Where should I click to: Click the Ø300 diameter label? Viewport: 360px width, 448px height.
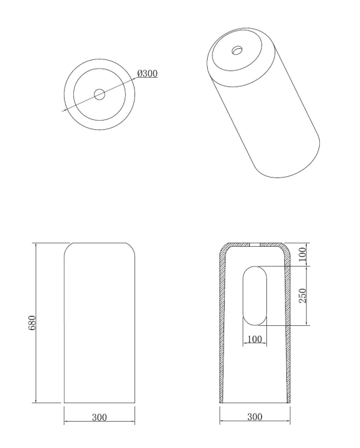click(x=147, y=73)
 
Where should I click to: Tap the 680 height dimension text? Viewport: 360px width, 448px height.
click(x=32, y=323)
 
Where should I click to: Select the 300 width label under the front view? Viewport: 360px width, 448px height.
click(x=100, y=418)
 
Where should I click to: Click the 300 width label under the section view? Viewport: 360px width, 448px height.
click(x=255, y=417)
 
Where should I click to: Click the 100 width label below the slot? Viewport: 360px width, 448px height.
click(x=255, y=339)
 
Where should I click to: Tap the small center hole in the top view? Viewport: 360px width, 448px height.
click(x=100, y=94)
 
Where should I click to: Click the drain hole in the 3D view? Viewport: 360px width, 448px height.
click(x=237, y=50)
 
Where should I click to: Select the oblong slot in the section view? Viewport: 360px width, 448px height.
click(x=255, y=296)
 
